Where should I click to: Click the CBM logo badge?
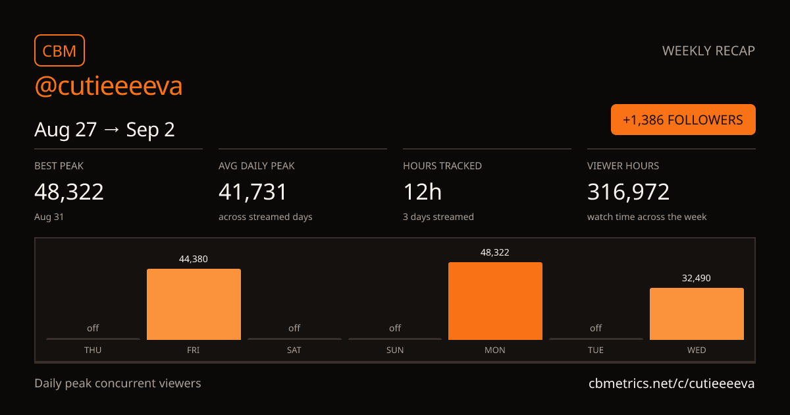coord(60,51)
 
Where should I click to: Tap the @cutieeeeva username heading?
coord(108,86)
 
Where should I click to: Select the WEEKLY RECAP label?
coord(708,51)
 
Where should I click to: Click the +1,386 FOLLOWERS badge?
coord(683,120)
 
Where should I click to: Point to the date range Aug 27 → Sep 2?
coord(105,130)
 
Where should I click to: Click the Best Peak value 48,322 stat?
coord(69,192)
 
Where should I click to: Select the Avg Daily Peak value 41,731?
coord(253,192)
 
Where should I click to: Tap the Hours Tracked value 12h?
coord(422,192)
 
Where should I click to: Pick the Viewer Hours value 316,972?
coord(628,192)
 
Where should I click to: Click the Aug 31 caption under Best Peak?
coord(49,217)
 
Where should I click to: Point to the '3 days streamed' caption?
coord(438,217)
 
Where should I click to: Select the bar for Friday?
coord(194,304)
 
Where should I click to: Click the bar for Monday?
coord(496,301)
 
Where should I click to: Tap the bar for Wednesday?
coord(697,314)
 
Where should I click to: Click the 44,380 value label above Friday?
coord(194,259)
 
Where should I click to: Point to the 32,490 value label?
coord(697,278)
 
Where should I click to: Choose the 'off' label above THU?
coord(93,328)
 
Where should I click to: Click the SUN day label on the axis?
coord(394,350)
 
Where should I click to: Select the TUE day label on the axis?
coord(596,350)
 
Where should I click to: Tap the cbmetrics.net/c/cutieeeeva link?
coord(671,383)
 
